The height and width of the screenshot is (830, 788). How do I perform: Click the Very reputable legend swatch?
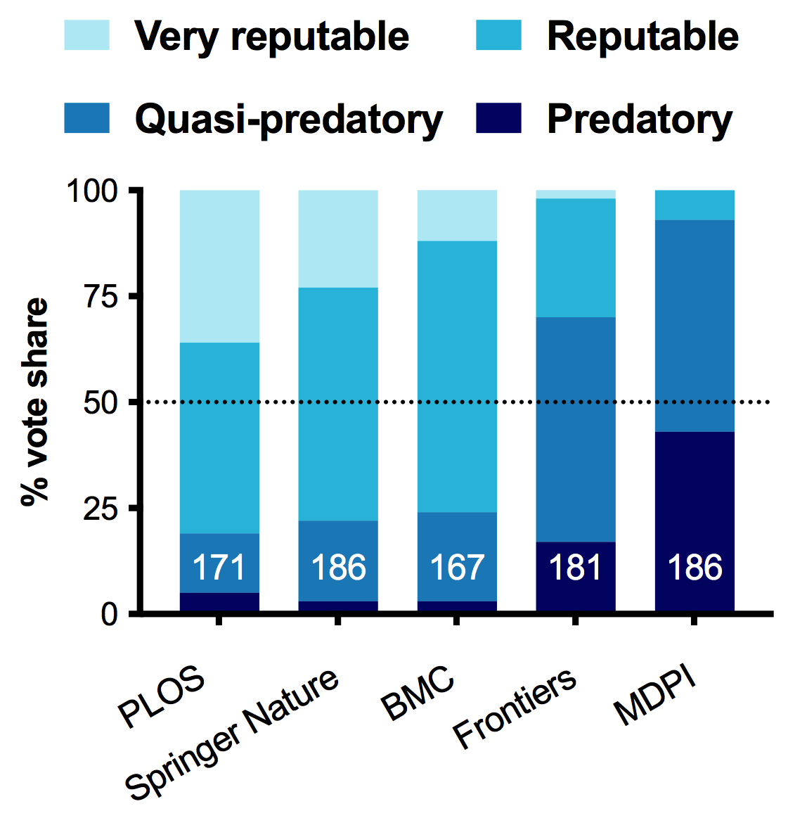click(x=87, y=35)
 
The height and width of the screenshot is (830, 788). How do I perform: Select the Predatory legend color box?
click(x=498, y=118)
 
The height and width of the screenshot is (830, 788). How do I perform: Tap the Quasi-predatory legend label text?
click(x=289, y=120)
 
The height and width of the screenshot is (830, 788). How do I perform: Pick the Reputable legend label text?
click(x=642, y=36)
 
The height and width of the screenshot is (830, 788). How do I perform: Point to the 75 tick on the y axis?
click(x=99, y=297)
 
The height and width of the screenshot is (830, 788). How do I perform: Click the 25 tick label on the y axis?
click(x=99, y=509)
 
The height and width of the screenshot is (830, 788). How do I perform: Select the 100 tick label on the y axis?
click(x=91, y=191)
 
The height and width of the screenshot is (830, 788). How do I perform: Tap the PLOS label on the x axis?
click(x=162, y=700)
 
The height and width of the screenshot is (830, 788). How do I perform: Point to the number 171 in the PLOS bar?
click(x=219, y=568)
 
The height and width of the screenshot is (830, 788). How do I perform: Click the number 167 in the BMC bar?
click(x=457, y=568)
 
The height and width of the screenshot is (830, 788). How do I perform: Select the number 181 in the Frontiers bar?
click(x=576, y=568)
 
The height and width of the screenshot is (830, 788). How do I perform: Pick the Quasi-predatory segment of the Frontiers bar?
click(x=576, y=429)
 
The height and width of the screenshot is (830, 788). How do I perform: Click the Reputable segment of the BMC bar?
click(x=457, y=376)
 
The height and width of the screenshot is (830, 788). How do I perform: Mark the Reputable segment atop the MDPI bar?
click(x=695, y=205)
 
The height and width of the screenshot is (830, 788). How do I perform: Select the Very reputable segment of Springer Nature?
click(x=338, y=238)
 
